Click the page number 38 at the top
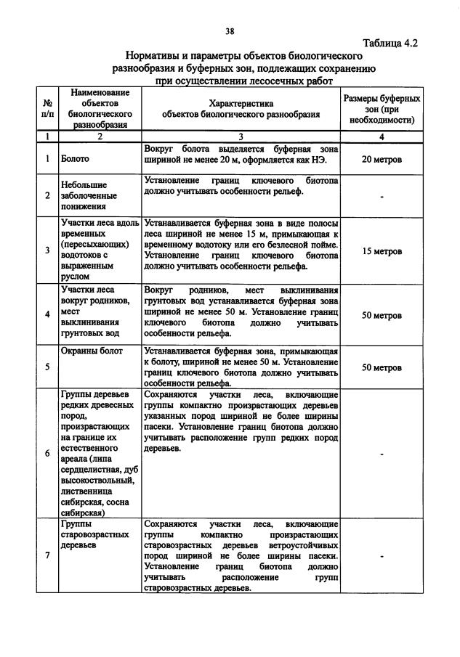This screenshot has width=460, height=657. [x=230, y=30]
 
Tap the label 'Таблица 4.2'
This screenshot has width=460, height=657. [x=390, y=43]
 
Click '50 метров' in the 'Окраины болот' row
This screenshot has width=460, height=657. [x=382, y=367]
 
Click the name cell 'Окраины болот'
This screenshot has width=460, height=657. [x=90, y=351]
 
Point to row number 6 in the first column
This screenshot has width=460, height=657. [x=47, y=454]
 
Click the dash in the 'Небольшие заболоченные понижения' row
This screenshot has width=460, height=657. [x=382, y=197]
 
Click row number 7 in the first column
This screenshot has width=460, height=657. [x=47, y=555]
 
